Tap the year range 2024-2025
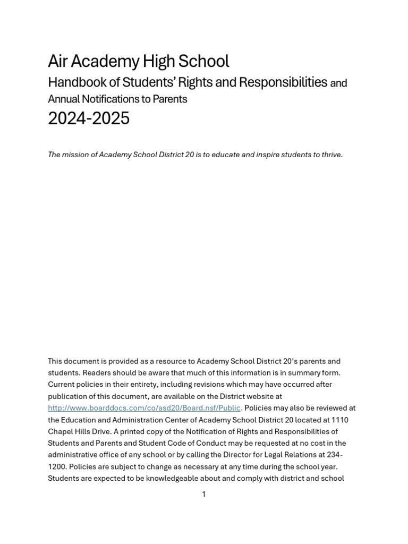(89, 118)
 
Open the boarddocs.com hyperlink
(144, 408)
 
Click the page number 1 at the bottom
(203, 494)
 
